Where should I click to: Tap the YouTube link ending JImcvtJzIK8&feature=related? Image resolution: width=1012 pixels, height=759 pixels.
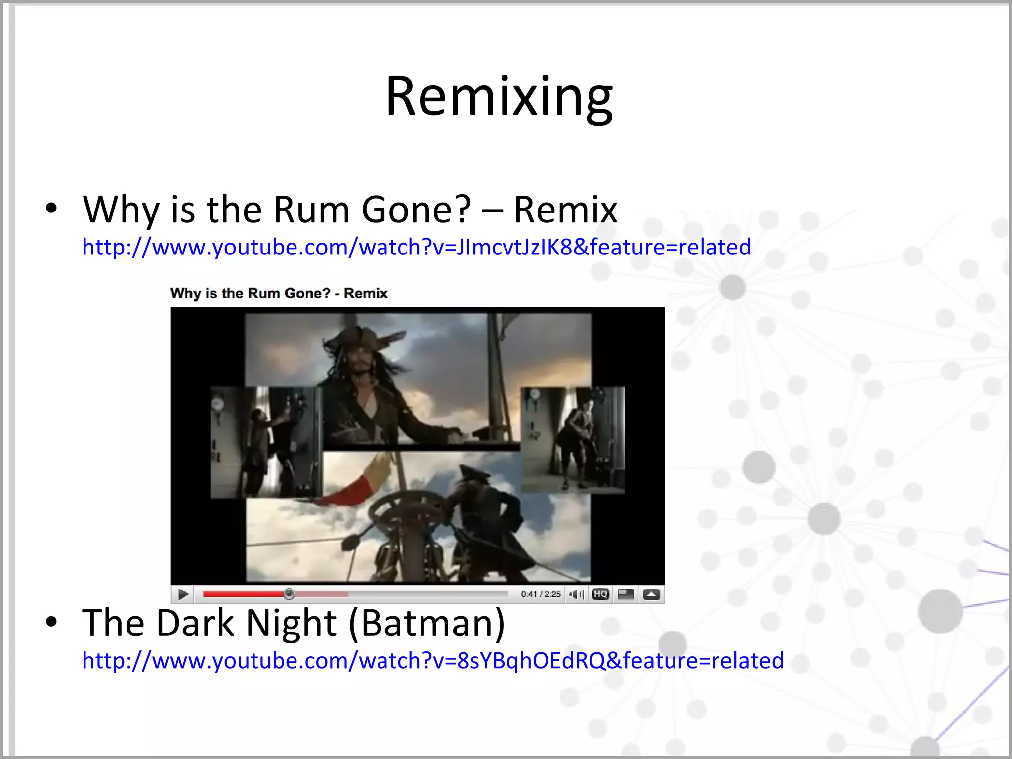point(416,247)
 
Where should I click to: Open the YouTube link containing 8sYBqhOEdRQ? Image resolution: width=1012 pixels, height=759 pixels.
point(433,661)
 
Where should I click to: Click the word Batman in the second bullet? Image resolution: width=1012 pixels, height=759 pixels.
point(426,623)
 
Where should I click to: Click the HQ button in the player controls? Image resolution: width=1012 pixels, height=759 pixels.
point(600,594)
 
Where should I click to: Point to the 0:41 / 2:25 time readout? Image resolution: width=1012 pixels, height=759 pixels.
point(541,594)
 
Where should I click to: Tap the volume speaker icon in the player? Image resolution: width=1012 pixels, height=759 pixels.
point(575,594)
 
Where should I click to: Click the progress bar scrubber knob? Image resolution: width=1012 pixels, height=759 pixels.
point(290,594)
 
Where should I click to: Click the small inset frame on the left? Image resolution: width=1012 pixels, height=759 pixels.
point(265,442)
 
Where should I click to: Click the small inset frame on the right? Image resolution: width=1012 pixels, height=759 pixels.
point(573,440)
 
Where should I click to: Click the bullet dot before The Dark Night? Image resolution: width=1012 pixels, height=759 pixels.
point(51,622)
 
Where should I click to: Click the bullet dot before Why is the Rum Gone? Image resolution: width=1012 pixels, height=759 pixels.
point(51,209)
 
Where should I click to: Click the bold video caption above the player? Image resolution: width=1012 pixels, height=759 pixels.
point(279,294)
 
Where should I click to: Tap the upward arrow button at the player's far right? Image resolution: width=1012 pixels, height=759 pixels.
point(651,594)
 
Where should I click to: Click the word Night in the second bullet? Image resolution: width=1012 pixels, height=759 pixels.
point(291,623)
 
